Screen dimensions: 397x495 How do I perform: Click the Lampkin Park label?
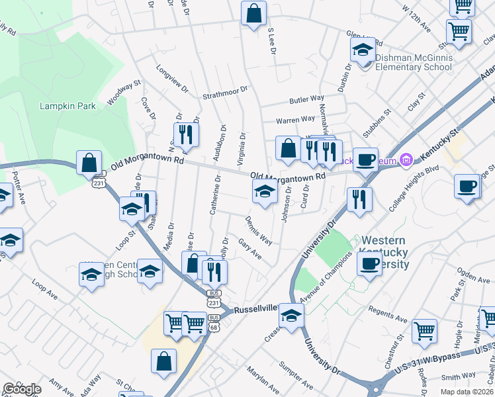[x=67, y=106]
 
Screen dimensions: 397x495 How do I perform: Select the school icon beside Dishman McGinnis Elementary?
[x=363, y=50]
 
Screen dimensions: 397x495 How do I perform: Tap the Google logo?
[x=21, y=389]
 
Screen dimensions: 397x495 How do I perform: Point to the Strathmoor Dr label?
[x=225, y=91]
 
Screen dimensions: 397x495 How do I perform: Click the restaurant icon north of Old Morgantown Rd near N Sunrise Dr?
[x=186, y=134]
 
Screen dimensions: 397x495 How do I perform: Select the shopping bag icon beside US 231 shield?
[x=89, y=163]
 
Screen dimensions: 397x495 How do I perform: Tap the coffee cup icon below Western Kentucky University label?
[x=369, y=263]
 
